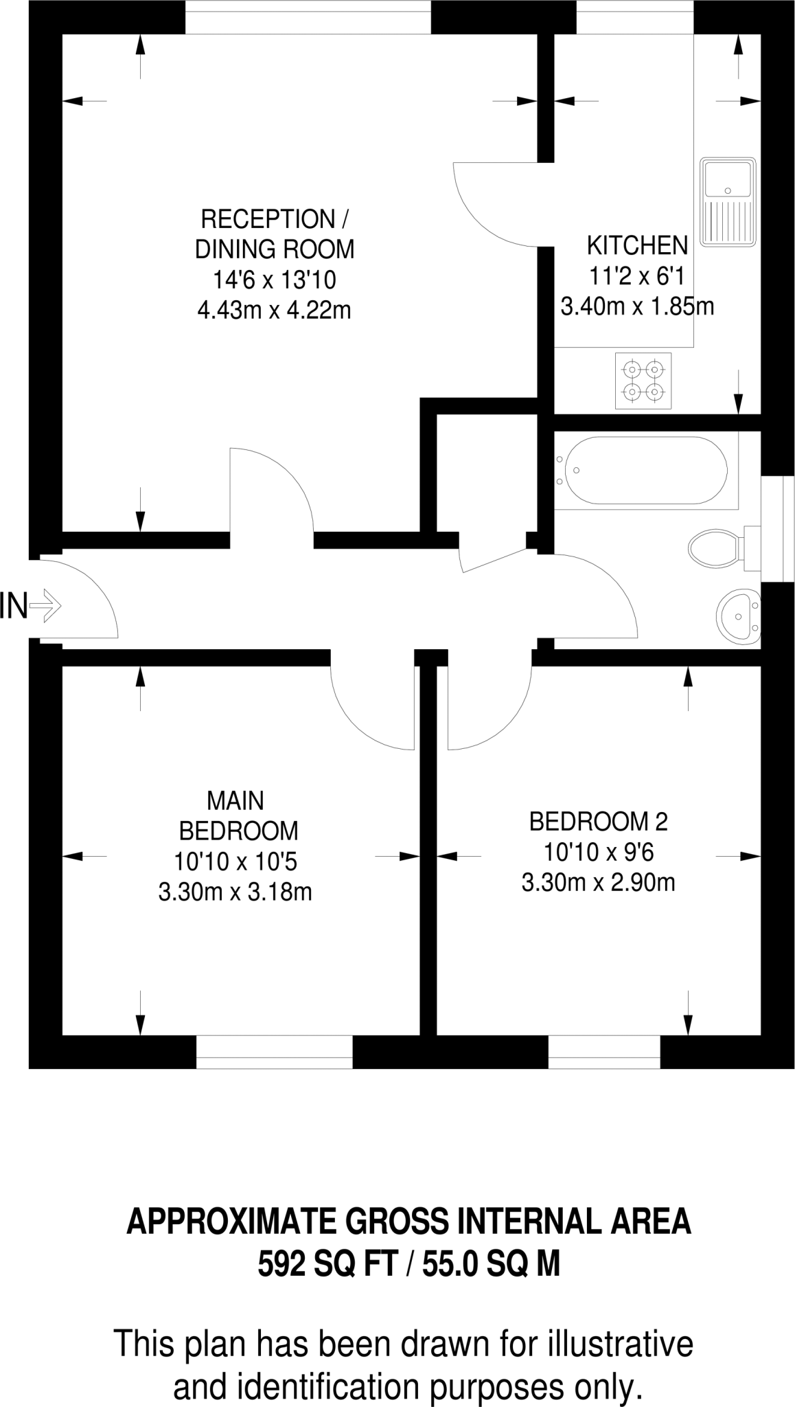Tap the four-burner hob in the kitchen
pyautogui.click(x=643, y=381)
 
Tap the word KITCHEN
pyautogui.click(x=636, y=245)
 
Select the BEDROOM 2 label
pyautogui.click(x=598, y=821)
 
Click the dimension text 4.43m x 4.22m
pyautogui.click(x=274, y=311)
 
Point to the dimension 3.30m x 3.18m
pyautogui.click(x=235, y=892)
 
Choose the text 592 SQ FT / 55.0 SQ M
pyautogui.click(x=409, y=1264)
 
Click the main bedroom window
pyautogui.click(x=274, y=1053)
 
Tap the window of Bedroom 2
pyautogui.click(x=603, y=1053)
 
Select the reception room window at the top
pyautogui.click(x=308, y=16)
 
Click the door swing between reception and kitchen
pyautogui.click(x=491, y=206)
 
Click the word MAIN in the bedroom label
pyautogui.click(x=235, y=801)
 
